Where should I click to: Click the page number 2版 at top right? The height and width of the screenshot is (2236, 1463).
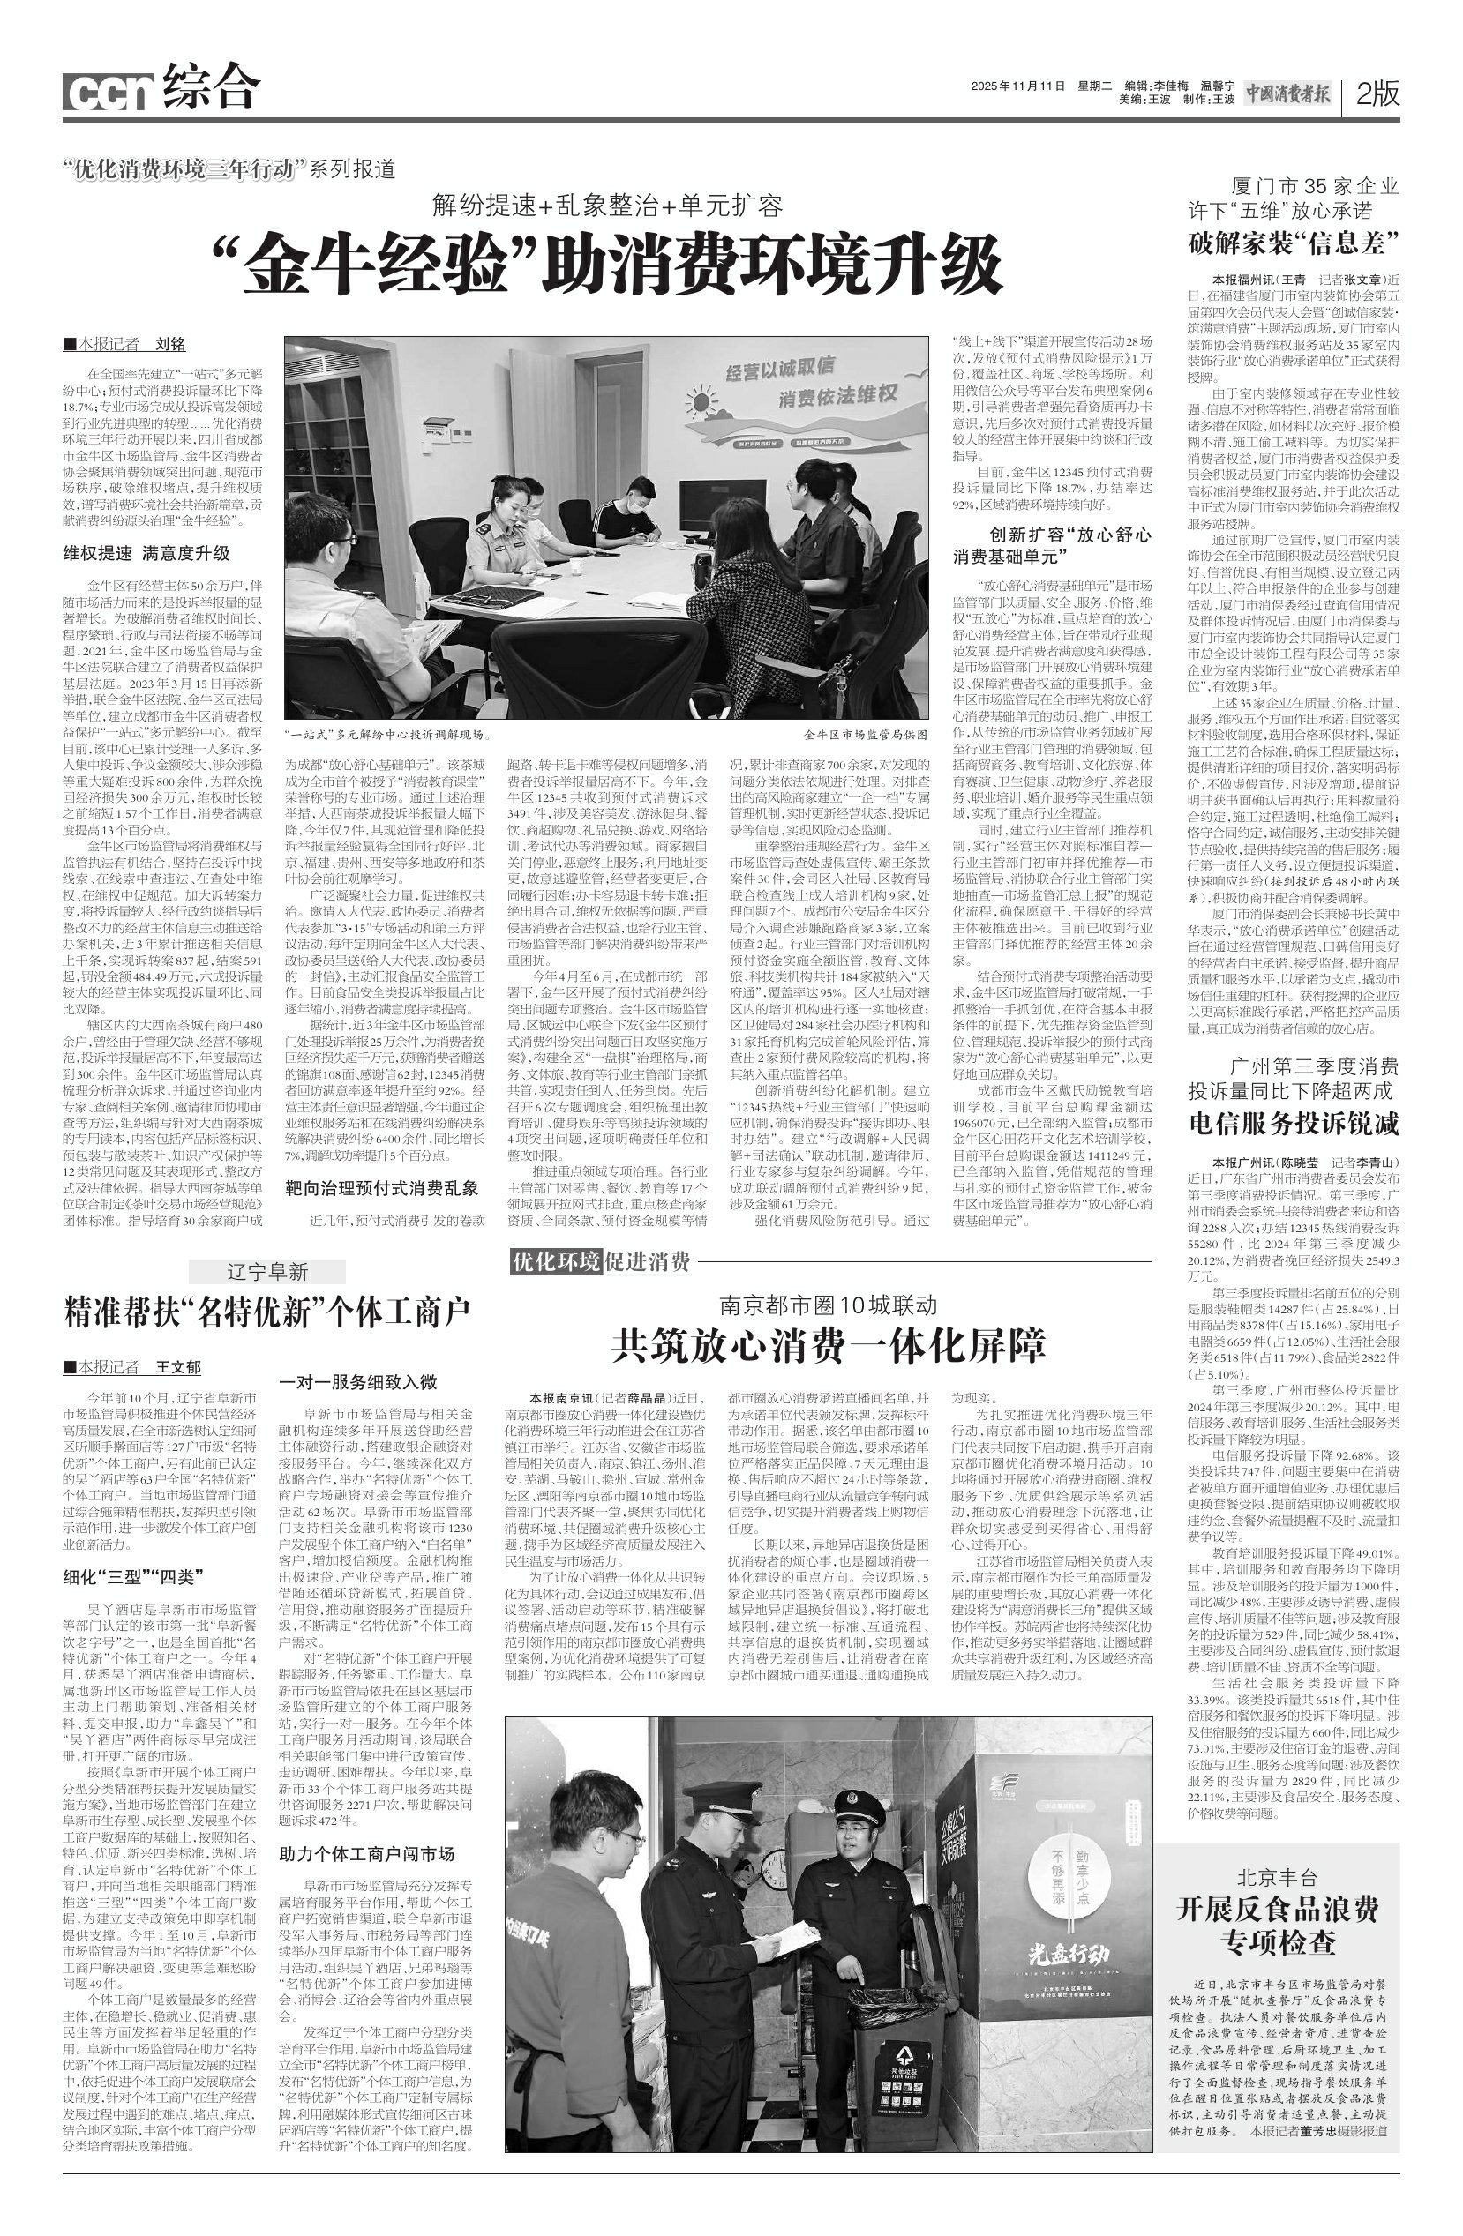click(x=1377, y=93)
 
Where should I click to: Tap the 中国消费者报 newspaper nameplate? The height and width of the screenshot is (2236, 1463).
click(x=1288, y=93)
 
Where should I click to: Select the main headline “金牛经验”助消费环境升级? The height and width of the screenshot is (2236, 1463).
click(x=608, y=266)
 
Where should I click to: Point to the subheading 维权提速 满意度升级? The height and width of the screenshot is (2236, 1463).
click(x=146, y=553)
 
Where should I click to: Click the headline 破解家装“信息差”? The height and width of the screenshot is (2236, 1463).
click(x=1294, y=245)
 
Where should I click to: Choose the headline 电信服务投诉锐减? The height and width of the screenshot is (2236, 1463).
click(x=1294, y=1124)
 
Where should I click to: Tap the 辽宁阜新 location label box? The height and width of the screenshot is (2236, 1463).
click(x=266, y=1273)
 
